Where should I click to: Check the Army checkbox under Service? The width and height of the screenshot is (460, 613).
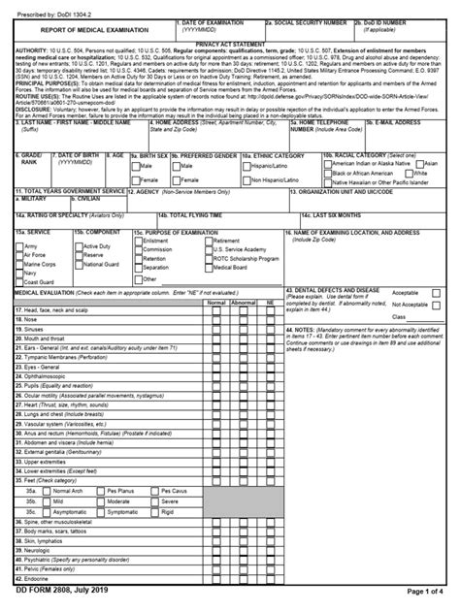click(19, 247)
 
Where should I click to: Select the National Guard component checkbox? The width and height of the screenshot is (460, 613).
click(79, 264)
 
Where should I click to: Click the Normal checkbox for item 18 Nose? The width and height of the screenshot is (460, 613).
click(217, 318)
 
